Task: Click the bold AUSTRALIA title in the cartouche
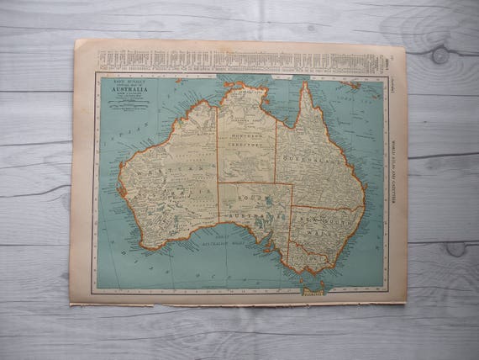129,88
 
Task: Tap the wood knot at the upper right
438,56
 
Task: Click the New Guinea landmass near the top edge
353,82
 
